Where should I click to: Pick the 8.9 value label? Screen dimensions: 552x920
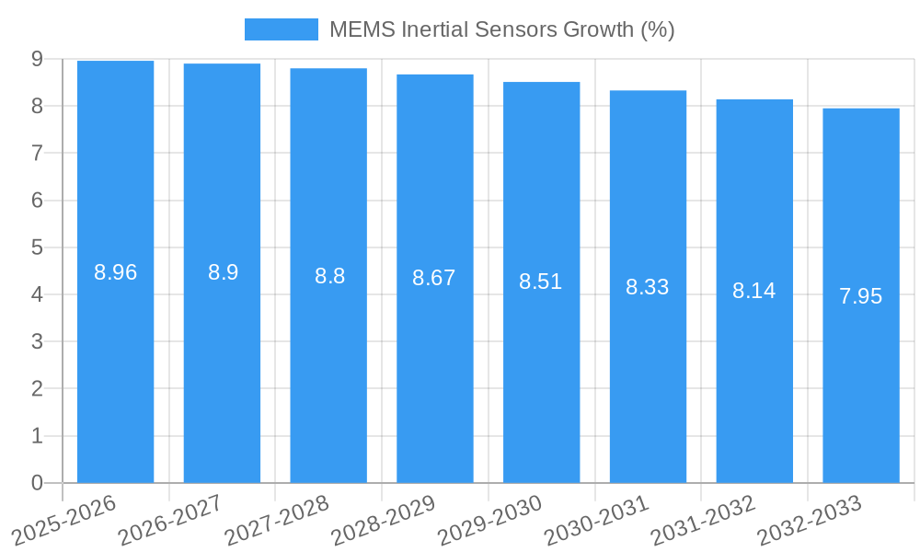tap(223, 272)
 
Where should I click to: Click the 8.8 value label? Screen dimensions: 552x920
tap(329, 276)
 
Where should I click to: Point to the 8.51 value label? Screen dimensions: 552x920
tap(541, 282)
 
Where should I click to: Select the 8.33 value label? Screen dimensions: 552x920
tap(648, 287)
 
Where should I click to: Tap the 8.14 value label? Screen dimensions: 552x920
tap(754, 292)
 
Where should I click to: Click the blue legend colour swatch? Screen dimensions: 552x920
tap(281, 29)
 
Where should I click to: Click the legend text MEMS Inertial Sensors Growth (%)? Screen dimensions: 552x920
tap(501, 29)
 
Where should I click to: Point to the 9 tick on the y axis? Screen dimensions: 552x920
tap(37, 59)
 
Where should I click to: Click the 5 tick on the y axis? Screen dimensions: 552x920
tap(37, 247)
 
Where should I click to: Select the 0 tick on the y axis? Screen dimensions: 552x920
tap(37, 483)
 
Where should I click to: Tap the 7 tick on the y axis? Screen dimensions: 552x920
tap(37, 153)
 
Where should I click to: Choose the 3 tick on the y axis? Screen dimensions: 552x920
tap(37, 341)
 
